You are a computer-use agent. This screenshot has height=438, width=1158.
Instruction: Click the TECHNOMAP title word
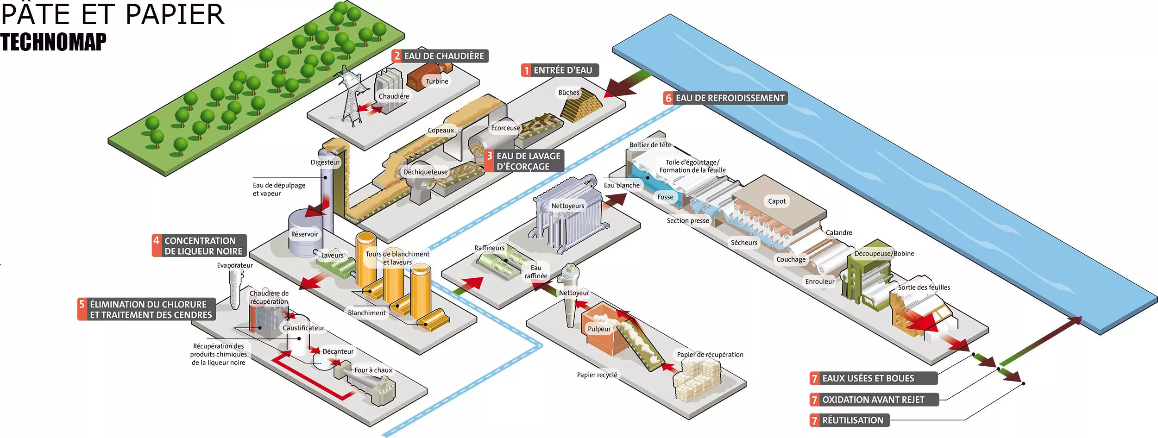[x=53, y=42]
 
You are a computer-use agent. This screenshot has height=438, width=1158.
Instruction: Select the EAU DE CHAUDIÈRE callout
[x=440, y=56]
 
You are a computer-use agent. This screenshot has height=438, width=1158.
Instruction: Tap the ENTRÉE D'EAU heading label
[x=560, y=70]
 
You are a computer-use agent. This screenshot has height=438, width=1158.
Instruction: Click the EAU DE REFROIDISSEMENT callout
[x=725, y=98]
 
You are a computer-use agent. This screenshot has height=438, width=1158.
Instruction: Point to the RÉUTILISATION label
[x=850, y=420]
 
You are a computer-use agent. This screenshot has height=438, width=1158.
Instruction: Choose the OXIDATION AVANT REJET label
[x=874, y=400]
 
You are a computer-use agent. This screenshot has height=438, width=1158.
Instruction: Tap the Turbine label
[x=437, y=81]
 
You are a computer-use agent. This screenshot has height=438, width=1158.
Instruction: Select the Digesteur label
[x=325, y=163]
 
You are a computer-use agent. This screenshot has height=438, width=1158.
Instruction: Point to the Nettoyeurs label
[x=567, y=206]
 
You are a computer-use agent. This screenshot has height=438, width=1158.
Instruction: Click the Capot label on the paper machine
[x=777, y=201]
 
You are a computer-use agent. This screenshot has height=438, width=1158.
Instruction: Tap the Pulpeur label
[x=599, y=329]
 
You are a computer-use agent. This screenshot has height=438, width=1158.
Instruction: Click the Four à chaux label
[x=373, y=370]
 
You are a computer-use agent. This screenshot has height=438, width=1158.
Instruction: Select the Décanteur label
[x=338, y=351]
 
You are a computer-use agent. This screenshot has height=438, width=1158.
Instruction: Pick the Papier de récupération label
[x=710, y=355]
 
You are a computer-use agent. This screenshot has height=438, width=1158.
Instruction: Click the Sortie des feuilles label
[x=924, y=288]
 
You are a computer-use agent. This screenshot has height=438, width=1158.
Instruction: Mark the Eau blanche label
[x=622, y=185]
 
